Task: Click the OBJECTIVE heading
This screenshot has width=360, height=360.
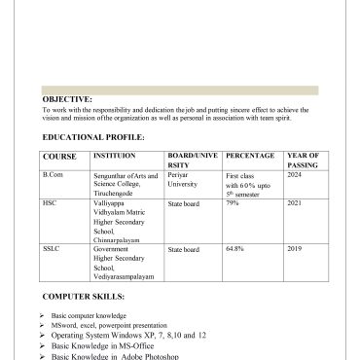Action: (67, 99)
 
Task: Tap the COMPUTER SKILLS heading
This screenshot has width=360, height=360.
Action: (84, 294)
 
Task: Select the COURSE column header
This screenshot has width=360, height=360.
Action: (59, 156)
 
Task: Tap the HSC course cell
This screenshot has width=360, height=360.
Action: (51, 203)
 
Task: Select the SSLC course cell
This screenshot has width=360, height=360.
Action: (52, 249)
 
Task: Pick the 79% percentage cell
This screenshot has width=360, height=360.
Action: (233, 203)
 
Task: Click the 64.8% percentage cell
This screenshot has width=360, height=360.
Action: (234, 249)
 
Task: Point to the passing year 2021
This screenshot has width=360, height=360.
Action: (295, 203)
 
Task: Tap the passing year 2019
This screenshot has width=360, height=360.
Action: (295, 249)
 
